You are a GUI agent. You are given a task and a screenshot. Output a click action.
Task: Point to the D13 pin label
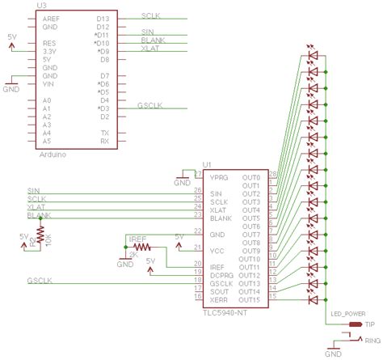(x=103, y=17)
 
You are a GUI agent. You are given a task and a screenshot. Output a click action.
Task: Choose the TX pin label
(x=104, y=132)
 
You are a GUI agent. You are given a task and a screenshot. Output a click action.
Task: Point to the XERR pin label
(x=220, y=299)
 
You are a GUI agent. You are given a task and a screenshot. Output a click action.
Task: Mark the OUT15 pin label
(x=250, y=299)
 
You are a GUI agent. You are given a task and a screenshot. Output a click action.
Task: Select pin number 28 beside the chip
(x=271, y=174)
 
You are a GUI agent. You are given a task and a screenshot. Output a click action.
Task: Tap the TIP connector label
(x=370, y=324)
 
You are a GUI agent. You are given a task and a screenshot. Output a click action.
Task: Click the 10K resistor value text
(x=49, y=240)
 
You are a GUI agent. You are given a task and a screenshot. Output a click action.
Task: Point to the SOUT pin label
(x=219, y=291)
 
